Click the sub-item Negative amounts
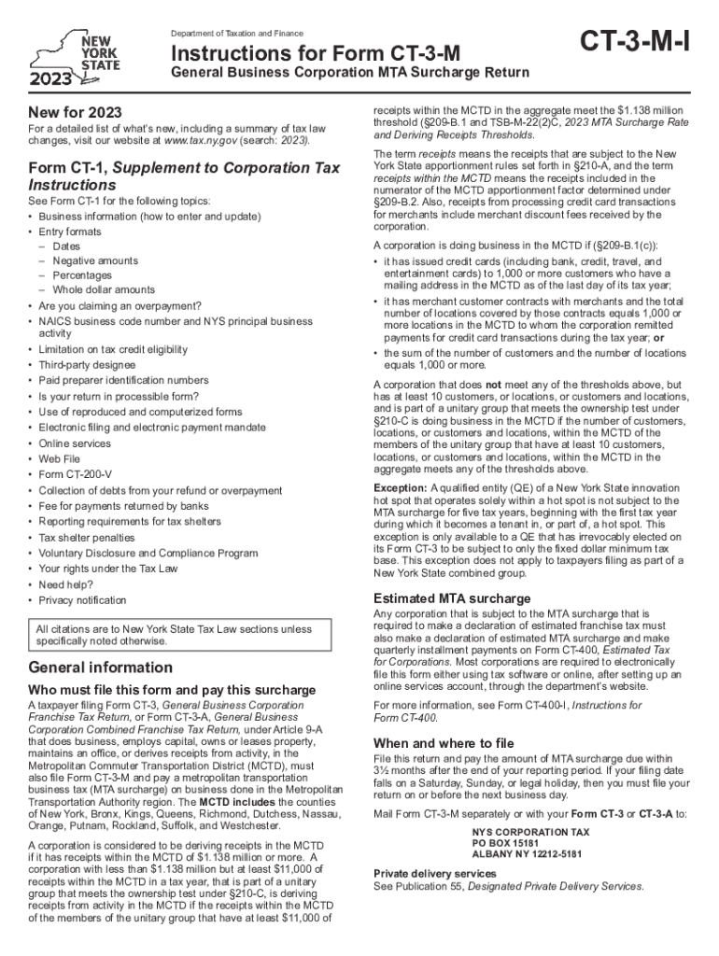coord(94,260)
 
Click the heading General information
coord(101,668)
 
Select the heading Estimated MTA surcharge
coord(452,598)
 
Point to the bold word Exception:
coord(401,488)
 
